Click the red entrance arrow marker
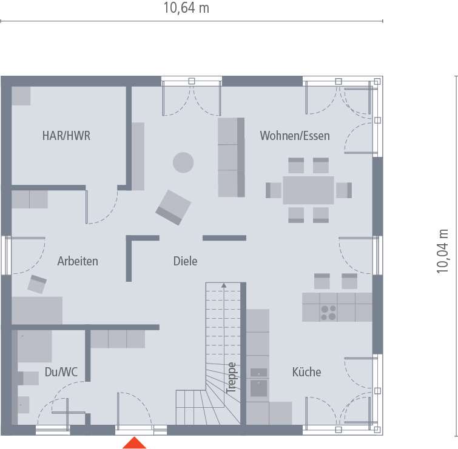coord(135,443)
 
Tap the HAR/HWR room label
coord(66,136)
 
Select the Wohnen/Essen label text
coord(295,136)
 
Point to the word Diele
coord(185,261)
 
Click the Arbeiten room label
coord(78,261)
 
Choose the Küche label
coord(306,372)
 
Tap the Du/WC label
coord(61,372)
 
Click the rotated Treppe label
coord(231,378)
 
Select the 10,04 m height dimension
coord(443,251)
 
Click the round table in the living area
coord(183,162)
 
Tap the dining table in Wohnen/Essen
coord(308,190)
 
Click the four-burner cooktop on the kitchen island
coord(329,312)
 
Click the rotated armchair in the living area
coord(173,207)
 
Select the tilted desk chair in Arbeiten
coord(38,284)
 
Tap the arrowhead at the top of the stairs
coord(224,285)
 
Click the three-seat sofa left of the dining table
coord(231,157)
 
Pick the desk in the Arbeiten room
coord(37,310)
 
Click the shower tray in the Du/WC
coord(34,347)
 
